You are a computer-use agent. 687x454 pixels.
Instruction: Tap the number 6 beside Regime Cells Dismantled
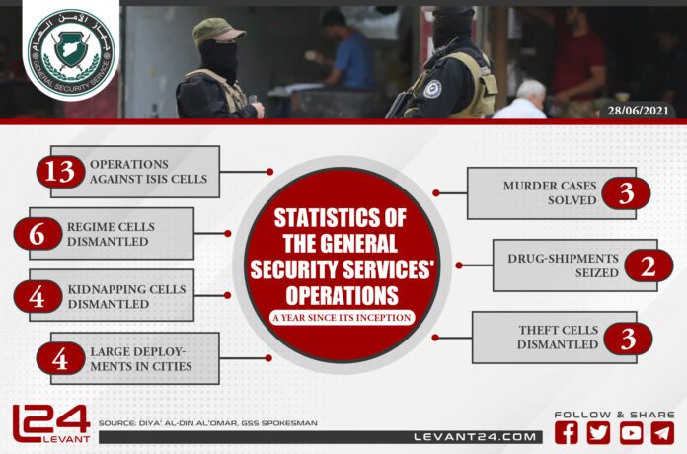37,234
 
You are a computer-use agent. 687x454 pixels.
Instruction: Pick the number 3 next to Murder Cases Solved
626,193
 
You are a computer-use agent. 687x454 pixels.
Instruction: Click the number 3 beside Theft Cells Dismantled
626,339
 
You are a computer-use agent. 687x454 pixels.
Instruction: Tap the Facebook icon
567,432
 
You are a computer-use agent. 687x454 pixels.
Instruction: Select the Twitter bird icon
599,432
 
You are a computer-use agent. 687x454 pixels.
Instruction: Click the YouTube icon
632,432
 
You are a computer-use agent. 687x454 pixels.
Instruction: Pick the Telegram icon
663,432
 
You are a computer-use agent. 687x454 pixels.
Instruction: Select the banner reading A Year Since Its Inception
341,317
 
